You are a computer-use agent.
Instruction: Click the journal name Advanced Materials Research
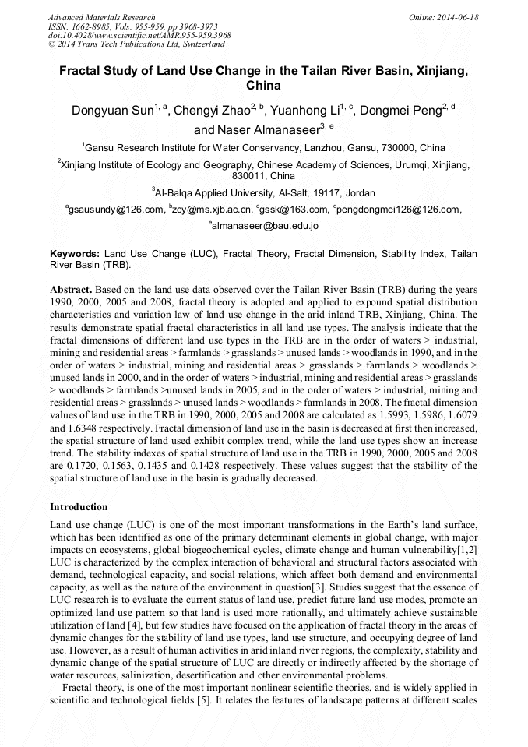[101, 17]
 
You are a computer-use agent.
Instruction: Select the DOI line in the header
[139, 36]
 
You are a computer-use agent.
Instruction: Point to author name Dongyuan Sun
[112, 111]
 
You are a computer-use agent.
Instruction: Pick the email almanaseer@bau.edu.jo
[265, 227]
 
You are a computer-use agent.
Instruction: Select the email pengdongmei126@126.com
[399, 210]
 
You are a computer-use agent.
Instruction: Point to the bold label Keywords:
[75, 254]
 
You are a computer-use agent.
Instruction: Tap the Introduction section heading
[79, 507]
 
